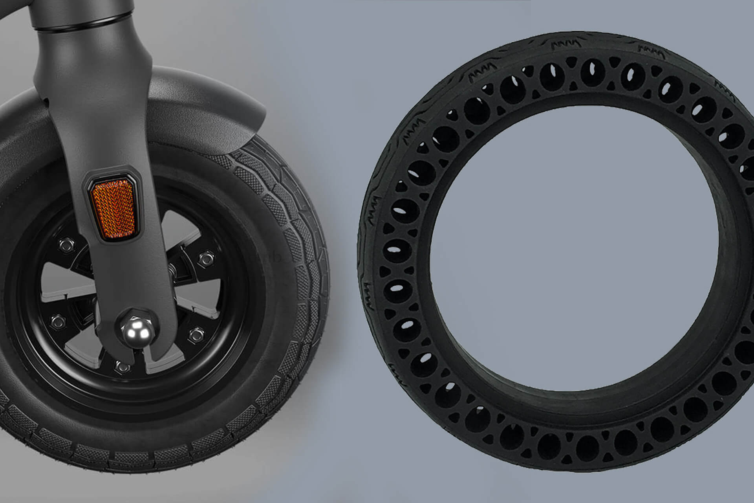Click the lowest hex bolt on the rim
122,367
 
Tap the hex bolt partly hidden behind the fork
172,271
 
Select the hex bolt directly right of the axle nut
195,335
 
